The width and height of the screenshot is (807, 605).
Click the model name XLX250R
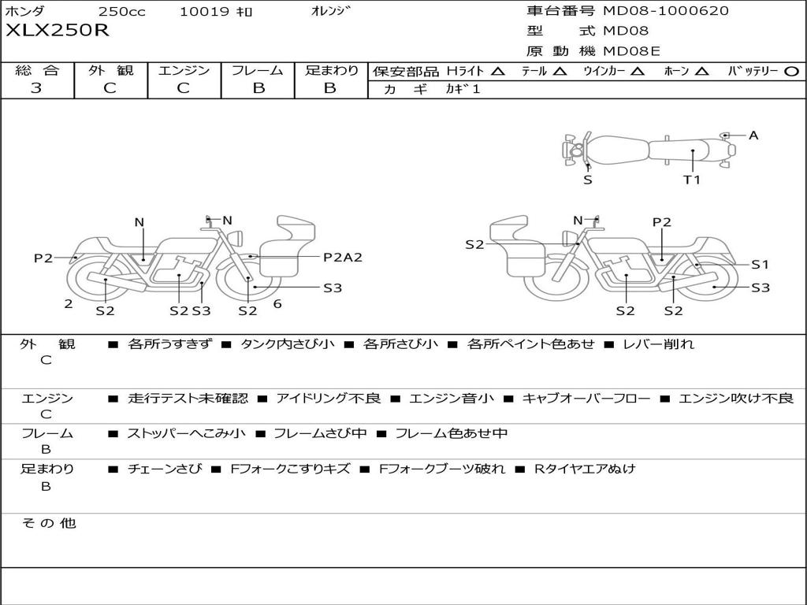[58, 32]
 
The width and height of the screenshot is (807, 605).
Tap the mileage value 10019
[204, 12]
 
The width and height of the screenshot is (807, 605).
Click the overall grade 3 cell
[36, 88]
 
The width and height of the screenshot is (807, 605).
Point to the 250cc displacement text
[121, 12]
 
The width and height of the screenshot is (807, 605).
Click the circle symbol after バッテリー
[791, 71]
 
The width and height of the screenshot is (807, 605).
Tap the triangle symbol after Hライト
[497, 71]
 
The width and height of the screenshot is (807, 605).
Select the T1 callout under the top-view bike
[691, 180]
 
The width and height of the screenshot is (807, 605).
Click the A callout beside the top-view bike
[753, 135]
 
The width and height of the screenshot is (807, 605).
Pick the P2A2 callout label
[343, 257]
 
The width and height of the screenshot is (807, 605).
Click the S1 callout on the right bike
[760, 265]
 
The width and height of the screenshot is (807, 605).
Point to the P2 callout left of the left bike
[43, 258]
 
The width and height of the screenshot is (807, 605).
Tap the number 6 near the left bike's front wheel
[277, 303]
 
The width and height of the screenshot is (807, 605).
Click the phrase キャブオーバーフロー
[586, 399]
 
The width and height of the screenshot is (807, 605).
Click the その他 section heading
[49, 523]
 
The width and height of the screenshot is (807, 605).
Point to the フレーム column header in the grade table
[258, 70]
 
